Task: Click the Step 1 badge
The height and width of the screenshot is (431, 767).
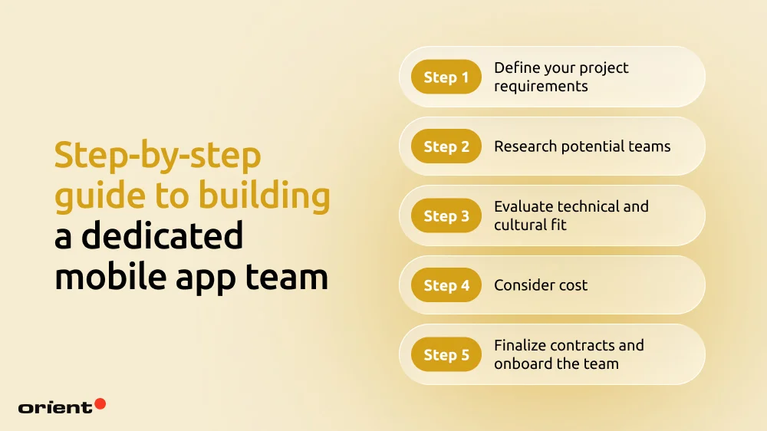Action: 446,77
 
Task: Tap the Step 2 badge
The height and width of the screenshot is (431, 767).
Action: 446,146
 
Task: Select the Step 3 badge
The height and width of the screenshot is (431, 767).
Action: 446,216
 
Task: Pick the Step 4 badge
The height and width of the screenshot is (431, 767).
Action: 446,285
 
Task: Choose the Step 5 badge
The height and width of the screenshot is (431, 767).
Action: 446,355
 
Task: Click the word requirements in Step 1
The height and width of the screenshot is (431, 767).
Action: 541,86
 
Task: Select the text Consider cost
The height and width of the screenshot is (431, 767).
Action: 541,285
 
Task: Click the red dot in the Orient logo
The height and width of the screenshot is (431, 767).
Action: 100,403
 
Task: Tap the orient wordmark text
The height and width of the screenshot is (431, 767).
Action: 54,407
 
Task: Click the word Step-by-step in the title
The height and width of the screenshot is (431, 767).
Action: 157,157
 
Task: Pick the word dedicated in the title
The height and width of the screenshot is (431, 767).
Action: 162,236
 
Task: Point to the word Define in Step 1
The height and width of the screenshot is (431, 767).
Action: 516,68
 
